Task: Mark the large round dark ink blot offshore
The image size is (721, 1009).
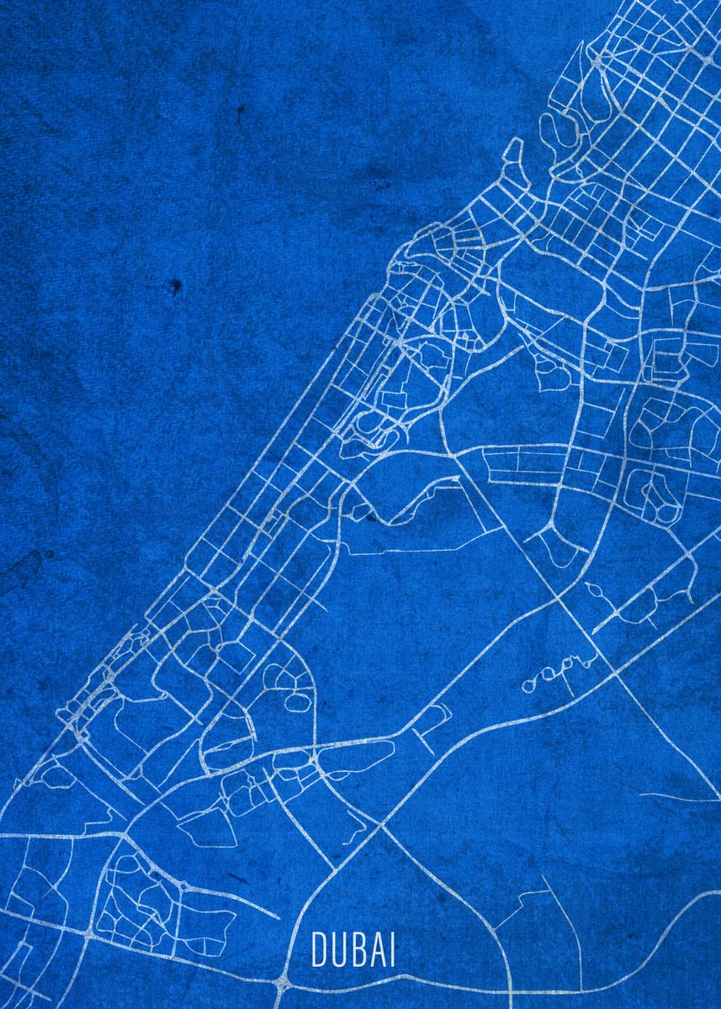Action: pyautogui.click(x=175, y=287)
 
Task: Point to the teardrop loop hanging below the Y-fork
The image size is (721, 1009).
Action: pyautogui.click(x=551, y=547)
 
